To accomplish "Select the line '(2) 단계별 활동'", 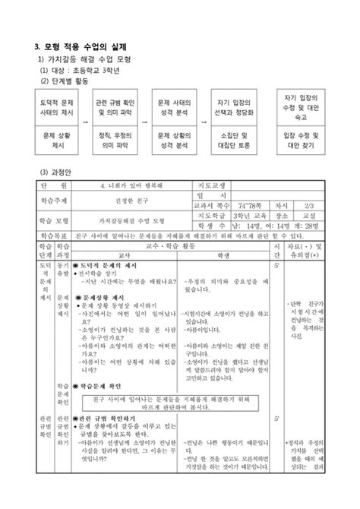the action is [68, 81].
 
